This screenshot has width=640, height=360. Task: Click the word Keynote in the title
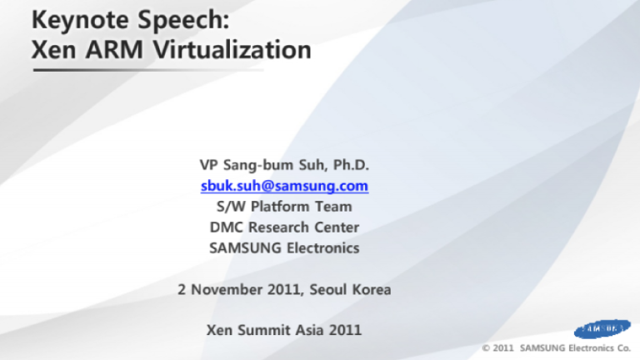(x=80, y=20)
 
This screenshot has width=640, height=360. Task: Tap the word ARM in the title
(x=115, y=50)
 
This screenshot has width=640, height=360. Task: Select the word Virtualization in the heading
(x=232, y=50)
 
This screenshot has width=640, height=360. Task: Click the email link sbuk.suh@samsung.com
(x=284, y=186)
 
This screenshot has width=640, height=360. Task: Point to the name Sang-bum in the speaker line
(x=258, y=165)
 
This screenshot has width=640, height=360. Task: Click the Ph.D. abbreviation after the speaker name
(x=351, y=165)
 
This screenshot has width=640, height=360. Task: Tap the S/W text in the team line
(x=231, y=207)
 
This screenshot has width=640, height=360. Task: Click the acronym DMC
(x=227, y=227)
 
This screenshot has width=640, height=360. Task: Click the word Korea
(x=372, y=289)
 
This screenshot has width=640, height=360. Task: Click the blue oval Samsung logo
(x=602, y=329)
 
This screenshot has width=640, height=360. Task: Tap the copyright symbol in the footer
(x=486, y=348)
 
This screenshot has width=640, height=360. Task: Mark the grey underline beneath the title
(x=148, y=70)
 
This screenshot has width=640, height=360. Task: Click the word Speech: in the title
(x=182, y=21)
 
